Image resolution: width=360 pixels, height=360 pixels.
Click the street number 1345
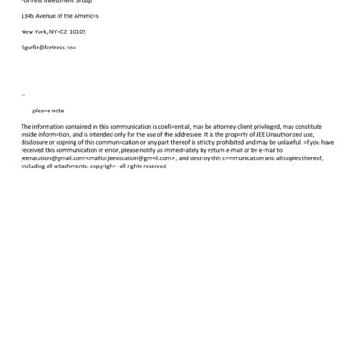(x=29, y=15)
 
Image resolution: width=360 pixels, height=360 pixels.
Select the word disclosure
(x=36, y=142)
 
